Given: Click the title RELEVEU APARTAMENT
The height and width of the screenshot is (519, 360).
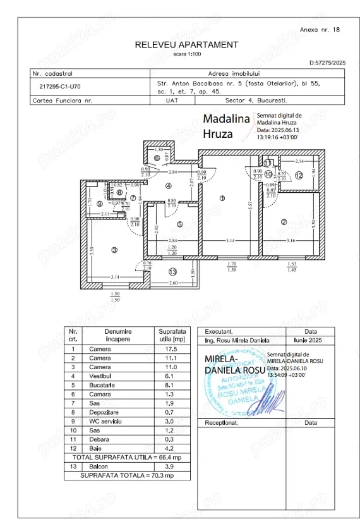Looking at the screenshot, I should coord(186,45).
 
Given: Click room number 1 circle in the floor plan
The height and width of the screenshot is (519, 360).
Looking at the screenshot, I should coord(222,198).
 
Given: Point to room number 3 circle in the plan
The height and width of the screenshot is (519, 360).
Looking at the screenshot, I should coord(114,250).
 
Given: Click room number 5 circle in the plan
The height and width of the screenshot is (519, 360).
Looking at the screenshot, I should coord(179,224).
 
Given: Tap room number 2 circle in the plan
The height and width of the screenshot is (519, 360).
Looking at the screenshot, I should coord(284,221).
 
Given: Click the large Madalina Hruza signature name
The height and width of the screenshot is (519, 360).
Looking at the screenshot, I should coord(227,126).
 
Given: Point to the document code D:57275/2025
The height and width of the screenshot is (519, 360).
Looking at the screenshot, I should coord(327,63).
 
